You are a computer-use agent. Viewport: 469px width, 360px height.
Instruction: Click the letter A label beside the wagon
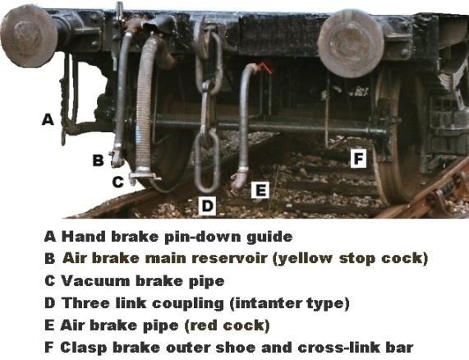(x=48, y=119)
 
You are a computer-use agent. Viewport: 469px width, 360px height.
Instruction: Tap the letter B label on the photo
(x=98, y=159)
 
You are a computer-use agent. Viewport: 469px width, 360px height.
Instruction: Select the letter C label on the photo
(x=117, y=182)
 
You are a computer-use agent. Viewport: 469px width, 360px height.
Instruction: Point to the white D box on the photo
(x=207, y=205)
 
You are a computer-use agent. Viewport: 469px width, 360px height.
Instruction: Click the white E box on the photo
(x=260, y=190)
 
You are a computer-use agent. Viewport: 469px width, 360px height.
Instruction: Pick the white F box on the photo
(x=358, y=159)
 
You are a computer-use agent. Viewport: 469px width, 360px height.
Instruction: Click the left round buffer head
(x=29, y=36)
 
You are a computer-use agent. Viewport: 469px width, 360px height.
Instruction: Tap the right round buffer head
(x=351, y=44)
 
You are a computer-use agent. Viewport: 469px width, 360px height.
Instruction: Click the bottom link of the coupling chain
(x=207, y=162)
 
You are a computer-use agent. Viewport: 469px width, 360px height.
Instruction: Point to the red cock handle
(x=265, y=67)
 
